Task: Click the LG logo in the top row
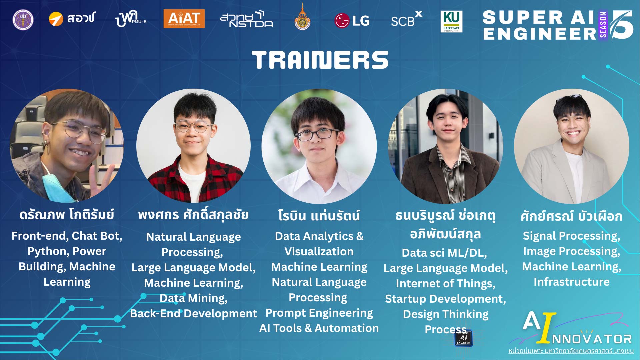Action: point(352,21)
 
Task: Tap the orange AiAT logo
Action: point(184,19)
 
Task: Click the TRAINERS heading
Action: point(320,60)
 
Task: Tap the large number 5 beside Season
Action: point(622,25)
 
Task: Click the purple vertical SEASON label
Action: point(603,25)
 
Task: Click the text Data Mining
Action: point(193,298)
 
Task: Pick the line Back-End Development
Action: point(193,313)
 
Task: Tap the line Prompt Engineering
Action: point(319,313)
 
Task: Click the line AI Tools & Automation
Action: point(319,328)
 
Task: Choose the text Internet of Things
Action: point(445,283)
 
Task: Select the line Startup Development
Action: point(445,299)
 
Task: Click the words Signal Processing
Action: point(571,236)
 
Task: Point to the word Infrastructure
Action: point(571,282)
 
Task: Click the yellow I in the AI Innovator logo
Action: point(547,328)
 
